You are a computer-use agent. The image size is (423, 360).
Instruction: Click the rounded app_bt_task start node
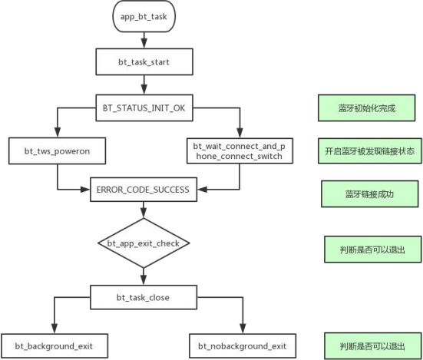(x=144, y=16)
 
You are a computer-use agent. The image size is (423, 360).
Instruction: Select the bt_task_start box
(x=144, y=61)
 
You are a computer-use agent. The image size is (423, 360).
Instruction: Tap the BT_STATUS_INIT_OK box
(x=144, y=108)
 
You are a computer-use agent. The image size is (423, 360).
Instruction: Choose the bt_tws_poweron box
(x=57, y=150)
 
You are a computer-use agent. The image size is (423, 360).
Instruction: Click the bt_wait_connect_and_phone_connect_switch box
(x=240, y=150)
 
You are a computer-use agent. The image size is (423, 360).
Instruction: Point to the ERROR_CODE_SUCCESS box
(x=144, y=190)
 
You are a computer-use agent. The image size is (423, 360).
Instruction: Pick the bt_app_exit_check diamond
(x=144, y=243)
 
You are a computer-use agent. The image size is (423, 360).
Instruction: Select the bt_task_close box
(x=144, y=297)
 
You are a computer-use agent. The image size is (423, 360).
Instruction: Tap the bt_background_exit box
(x=55, y=346)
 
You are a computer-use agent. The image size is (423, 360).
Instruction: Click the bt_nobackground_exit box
(x=243, y=346)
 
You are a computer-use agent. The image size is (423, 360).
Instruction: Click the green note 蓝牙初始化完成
(x=367, y=108)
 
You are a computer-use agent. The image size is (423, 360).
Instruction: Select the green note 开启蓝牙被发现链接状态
(x=370, y=150)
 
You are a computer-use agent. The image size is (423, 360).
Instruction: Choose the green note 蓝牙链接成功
(x=370, y=194)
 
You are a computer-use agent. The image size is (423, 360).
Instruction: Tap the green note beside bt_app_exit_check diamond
(x=373, y=249)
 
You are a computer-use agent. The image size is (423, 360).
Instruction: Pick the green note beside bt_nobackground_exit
(x=373, y=346)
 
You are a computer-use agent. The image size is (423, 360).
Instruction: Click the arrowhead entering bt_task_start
(x=144, y=44)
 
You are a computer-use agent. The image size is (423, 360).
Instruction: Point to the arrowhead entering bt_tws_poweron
(x=57, y=133)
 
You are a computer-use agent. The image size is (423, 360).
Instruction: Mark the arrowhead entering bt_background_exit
(x=55, y=329)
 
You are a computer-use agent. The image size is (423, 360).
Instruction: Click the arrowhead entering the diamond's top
(x=144, y=213)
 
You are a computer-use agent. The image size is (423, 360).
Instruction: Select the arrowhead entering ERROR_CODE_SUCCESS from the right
(x=202, y=190)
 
